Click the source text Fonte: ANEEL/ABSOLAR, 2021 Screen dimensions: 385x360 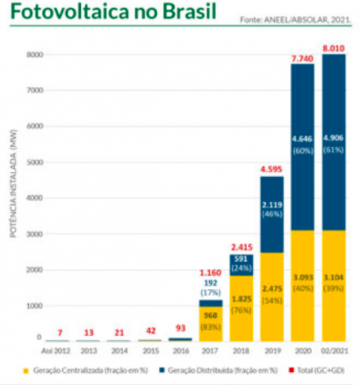pyautogui.click(x=299, y=17)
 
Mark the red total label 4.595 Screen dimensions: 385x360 pyautogui.click(x=270, y=167)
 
